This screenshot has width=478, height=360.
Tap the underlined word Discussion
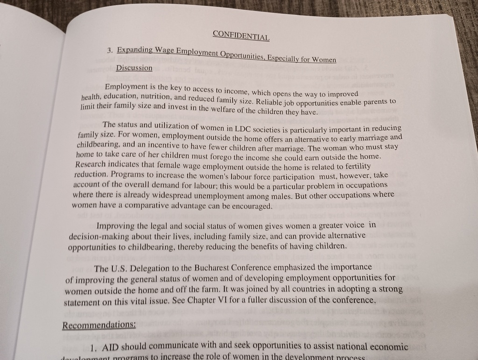[x=134, y=68]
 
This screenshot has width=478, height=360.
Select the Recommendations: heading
[x=99, y=325]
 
